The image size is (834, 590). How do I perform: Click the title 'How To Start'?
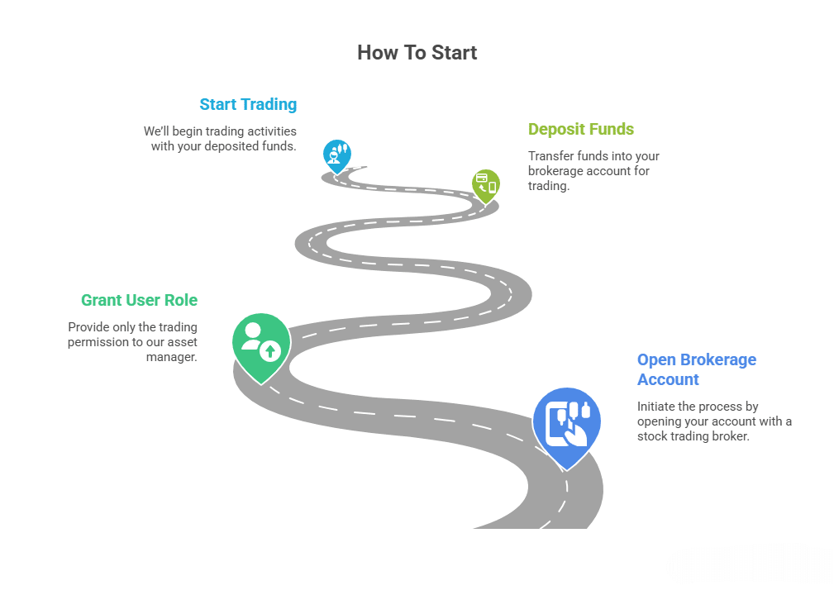[417, 53]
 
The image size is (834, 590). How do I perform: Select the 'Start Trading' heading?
[248, 105]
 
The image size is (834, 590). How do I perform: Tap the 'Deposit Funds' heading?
[580, 129]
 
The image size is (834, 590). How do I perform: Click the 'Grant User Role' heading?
[139, 300]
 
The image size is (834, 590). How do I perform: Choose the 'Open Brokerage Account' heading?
[696, 369]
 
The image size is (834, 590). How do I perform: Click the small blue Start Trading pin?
[336, 155]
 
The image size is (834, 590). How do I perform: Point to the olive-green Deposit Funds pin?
[486, 185]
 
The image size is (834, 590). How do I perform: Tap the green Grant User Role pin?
[262, 345]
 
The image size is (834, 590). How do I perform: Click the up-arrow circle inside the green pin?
[270, 351]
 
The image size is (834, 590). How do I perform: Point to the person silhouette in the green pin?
[252, 335]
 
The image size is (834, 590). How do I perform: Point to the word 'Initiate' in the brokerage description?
[657, 407]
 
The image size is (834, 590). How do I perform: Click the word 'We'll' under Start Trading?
[156, 131]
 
